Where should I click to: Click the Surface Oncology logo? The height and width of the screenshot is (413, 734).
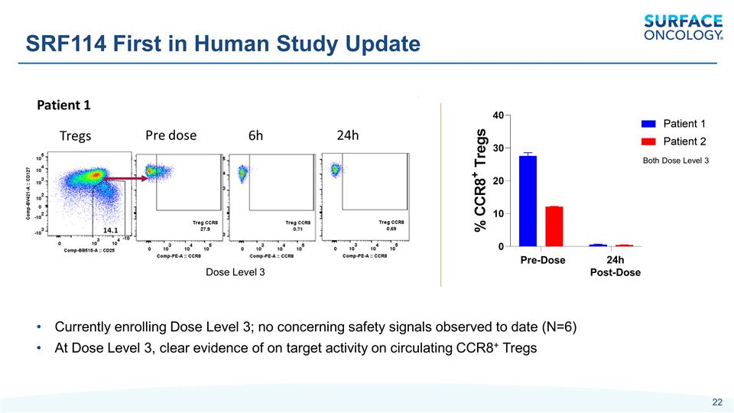click(x=683, y=27)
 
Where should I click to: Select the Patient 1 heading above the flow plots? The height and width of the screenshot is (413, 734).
click(x=64, y=105)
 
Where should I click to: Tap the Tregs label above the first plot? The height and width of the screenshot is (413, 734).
click(x=75, y=136)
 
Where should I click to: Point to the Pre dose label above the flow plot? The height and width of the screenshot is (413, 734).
click(x=171, y=135)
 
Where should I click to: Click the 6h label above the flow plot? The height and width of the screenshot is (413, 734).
click(x=255, y=135)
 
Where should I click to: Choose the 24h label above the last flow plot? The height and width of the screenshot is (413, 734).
click(x=348, y=135)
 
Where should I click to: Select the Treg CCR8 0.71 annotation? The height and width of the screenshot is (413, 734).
click(x=298, y=225)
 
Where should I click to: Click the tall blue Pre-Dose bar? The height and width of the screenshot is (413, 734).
click(x=528, y=200)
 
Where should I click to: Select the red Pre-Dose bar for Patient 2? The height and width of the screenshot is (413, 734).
click(x=554, y=226)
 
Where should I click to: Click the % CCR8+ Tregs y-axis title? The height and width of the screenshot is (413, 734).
click(x=480, y=180)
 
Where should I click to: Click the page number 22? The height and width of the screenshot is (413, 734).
click(x=716, y=403)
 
